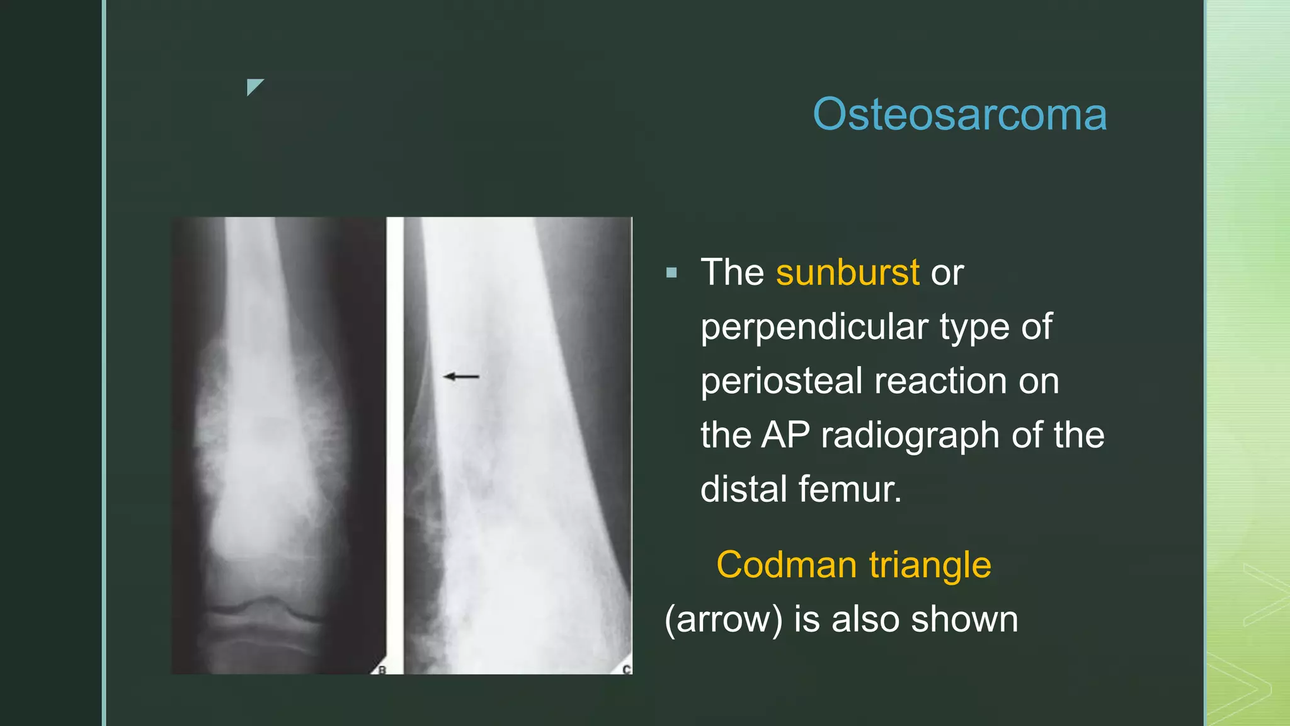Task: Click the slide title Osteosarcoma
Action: pos(959,115)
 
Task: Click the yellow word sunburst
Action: pos(847,272)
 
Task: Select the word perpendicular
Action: pos(814,328)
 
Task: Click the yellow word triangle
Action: pos(930,565)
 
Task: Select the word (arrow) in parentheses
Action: pos(724,619)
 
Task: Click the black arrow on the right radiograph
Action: pos(461,377)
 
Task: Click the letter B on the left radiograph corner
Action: pos(382,670)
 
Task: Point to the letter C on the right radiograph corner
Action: pos(626,669)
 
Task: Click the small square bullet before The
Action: pos(671,273)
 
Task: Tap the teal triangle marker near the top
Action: pos(254,86)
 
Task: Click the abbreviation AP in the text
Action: pos(785,435)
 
